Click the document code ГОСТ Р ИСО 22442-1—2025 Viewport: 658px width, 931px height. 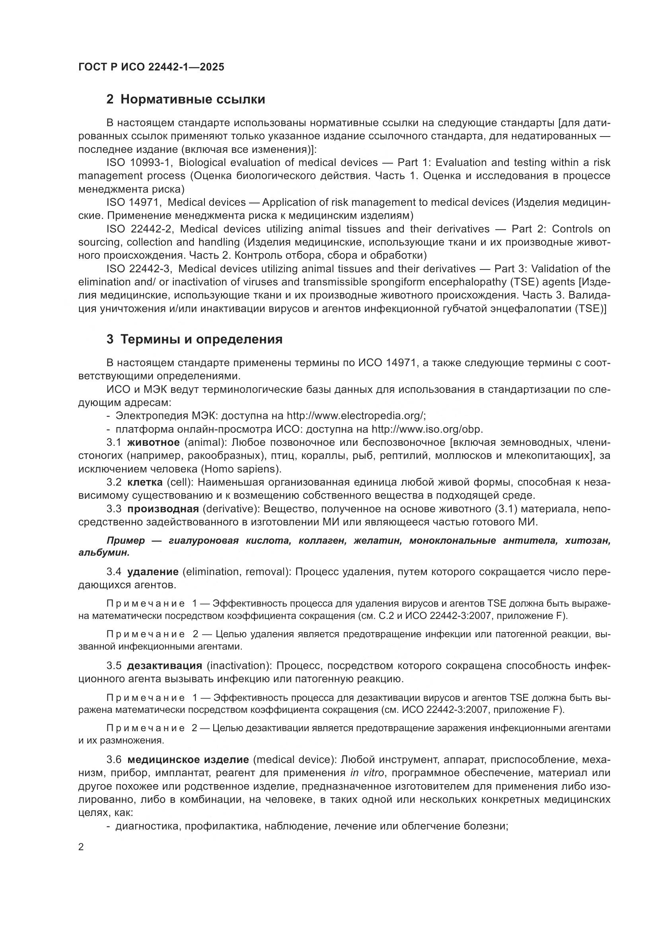click(151, 67)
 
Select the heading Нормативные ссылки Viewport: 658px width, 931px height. click(193, 100)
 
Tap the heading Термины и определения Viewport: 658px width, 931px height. click(201, 339)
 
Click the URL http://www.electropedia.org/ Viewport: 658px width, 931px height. click(355, 416)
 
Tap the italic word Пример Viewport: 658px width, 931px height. click(126, 541)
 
